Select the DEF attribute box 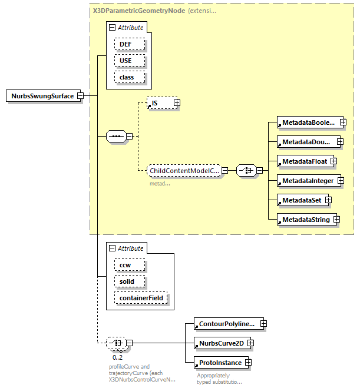point(125,44)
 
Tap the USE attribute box point(125,61)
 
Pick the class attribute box point(127,77)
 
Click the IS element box point(159,103)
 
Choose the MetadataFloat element point(303,161)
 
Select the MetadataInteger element point(306,181)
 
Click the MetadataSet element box point(301,200)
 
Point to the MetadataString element point(305,220)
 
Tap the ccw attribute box point(125,265)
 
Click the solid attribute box point(127,281)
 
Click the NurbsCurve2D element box point(220,342)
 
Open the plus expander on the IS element point(176,103)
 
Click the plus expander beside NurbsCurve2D point(250,342)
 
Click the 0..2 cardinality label point(117,357)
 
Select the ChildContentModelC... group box point(183,171)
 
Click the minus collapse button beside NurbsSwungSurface point(80,96)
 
